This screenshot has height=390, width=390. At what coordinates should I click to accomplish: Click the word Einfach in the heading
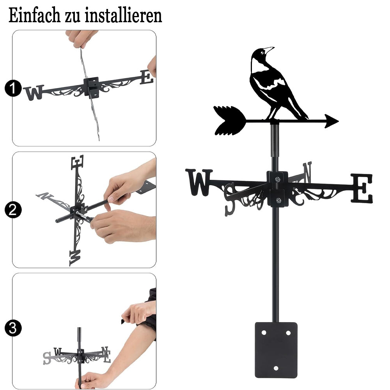tap(34, 16)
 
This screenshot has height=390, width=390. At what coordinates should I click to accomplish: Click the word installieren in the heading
tap(123, 16)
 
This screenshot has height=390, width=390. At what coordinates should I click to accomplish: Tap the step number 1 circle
tap(13, 88)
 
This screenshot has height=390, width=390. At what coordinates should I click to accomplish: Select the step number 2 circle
tap(13, 210)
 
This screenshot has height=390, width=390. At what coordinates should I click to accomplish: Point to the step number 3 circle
tap(13, 328)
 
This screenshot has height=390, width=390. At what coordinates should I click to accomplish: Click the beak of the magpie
tap(269, 49)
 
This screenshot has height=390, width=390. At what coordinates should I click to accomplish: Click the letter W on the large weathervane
tap(199, 182)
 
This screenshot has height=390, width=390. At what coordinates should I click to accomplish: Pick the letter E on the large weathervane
tap(362, 188)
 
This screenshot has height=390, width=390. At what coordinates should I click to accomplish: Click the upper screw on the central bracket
tap(278, 179)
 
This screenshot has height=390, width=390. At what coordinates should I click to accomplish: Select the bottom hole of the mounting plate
tap(276, 368)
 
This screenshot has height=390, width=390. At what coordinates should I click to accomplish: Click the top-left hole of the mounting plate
tap(264, 333)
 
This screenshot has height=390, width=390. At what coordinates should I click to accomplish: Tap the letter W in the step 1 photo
tap(34, 92)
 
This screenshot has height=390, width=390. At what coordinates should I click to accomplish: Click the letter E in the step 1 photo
tap(147, 77)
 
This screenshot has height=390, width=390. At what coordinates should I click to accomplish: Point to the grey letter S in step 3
tap(47, 358)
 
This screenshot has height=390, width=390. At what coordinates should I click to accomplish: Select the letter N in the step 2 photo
tap(45, 195)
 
